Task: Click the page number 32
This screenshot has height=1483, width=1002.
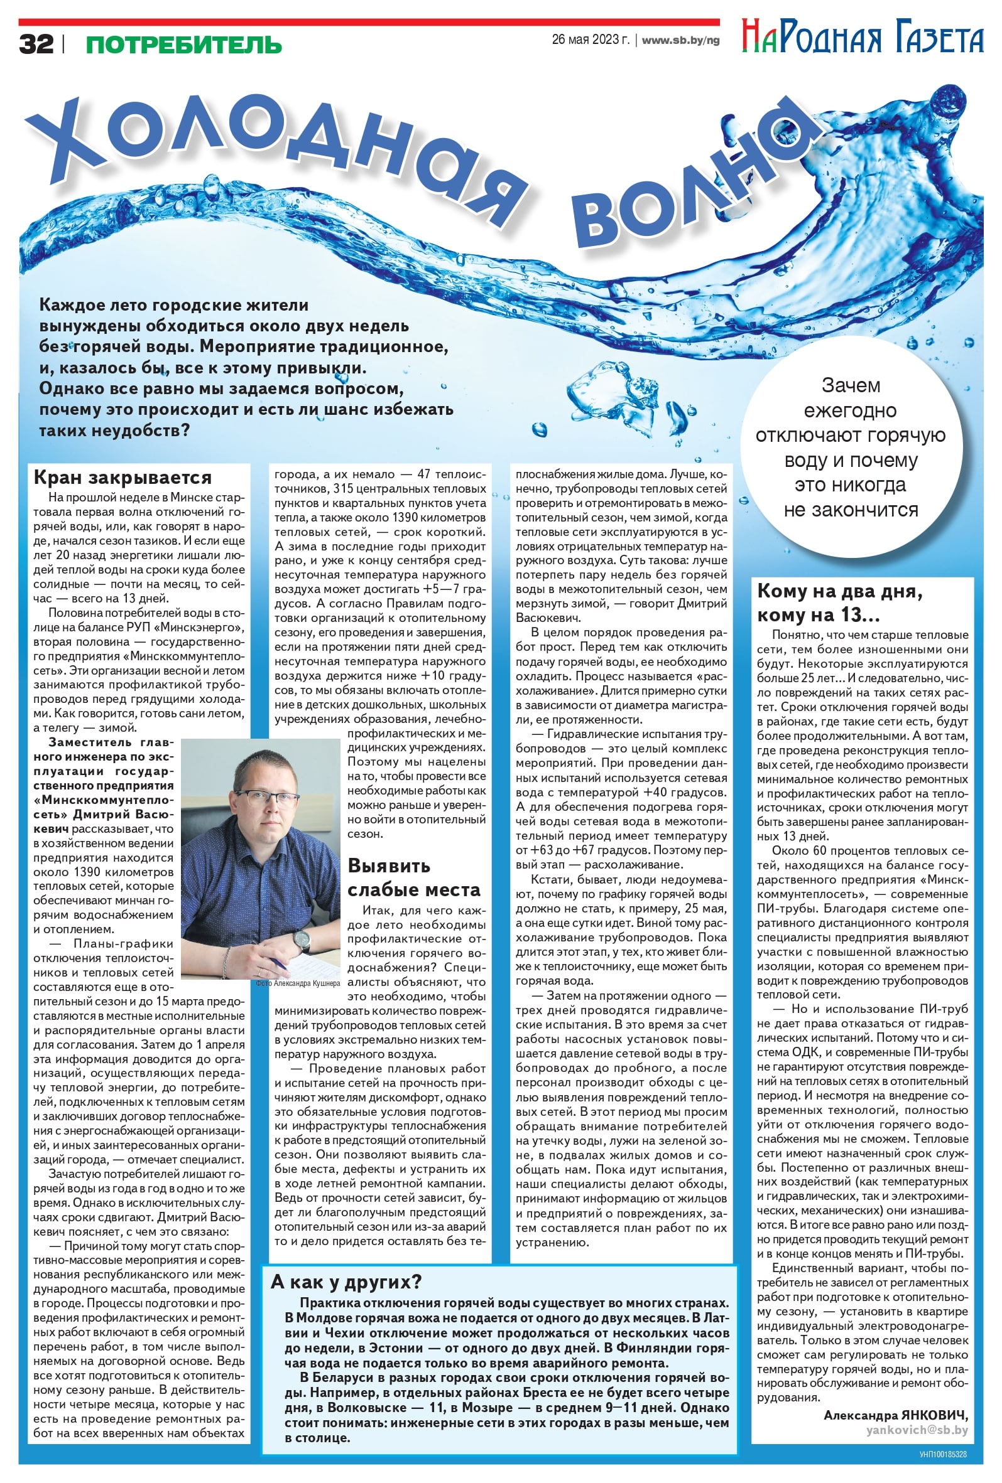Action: [x=36, y=44]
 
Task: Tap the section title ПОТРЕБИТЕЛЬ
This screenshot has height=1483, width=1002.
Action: [x=183, y=45]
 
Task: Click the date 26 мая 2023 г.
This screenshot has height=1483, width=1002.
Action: [x=590, y=40]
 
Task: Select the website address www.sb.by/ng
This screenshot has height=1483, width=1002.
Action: [x=680, y=40]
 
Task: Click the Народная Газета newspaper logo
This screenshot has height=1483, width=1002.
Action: [x=861, y=38]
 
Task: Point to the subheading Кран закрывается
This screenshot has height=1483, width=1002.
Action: [x=122, y=478]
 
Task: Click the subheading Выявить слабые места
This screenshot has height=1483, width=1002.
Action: [x=413, y=878]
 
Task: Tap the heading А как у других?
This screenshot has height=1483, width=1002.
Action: [x=346, y=1282]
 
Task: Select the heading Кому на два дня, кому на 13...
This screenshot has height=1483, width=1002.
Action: [x=839, y=603]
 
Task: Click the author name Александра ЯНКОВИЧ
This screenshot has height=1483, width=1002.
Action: [x=895, y=1415]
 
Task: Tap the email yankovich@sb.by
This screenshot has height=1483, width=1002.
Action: [x=917, y=1430]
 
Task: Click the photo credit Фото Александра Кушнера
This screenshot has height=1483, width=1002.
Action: [x=298, y=983]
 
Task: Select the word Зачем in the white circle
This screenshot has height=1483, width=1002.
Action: [x=850, y=385]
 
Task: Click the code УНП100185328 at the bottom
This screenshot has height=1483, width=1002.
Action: [x=942, y=1454]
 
